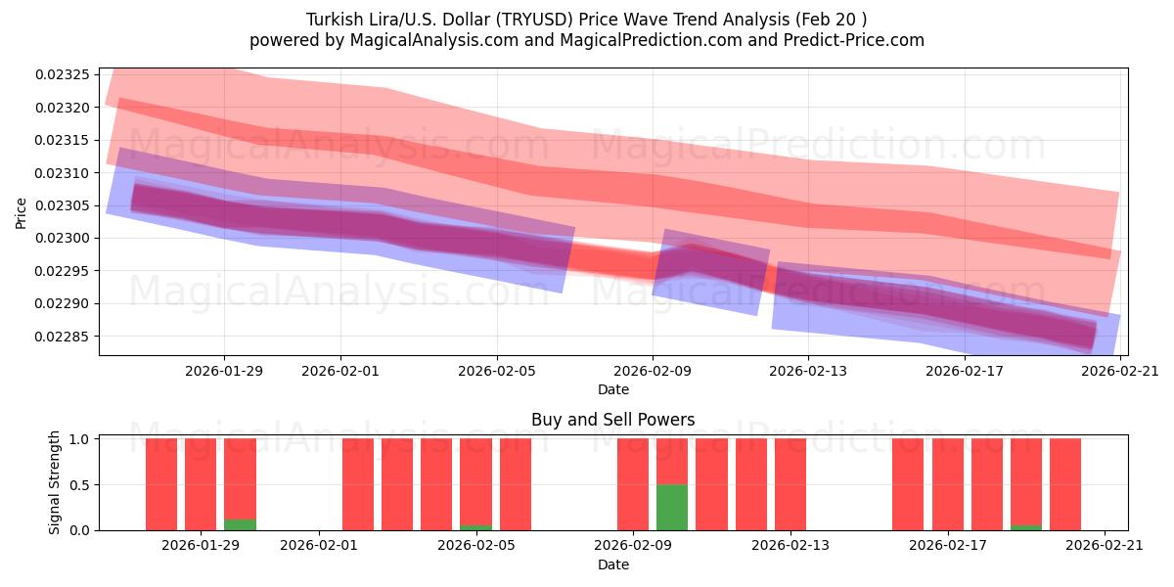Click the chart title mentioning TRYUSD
[x=586, y=19]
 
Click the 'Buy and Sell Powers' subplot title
[x=612, y=420]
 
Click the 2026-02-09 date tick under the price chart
[x=653, y=371]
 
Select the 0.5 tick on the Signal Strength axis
[x=79, y=484]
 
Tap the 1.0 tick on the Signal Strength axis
[x=79, y=439]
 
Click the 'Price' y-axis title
[x=22, y=211]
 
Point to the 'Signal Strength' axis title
[x=55, y=482]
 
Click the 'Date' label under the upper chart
[x=613, y=389]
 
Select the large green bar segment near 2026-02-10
[x=672, y=507]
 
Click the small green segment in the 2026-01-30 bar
[x=240, y=524]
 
